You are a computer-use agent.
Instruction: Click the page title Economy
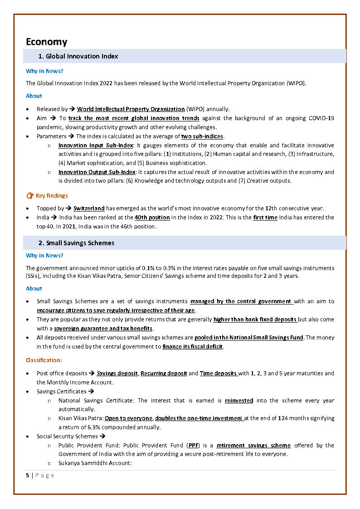[x=46, y=42]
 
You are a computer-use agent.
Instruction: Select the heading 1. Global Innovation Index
[x=78, y=56]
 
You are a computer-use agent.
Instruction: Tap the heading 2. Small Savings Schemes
[x=76, y=243]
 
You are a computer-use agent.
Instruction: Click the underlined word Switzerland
[x=89, y=208]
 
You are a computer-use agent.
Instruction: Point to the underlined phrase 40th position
[x=152, y=218]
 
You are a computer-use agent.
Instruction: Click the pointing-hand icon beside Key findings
[x=30, y=196]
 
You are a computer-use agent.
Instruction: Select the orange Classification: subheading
[x=44, y=360]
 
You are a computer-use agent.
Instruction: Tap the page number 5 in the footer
[x=28, y=475]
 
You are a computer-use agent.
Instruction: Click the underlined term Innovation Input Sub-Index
[x=96, y=145]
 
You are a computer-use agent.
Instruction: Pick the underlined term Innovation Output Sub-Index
[x=97, y=172]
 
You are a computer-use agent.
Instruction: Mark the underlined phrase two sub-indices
[x=202, y=136]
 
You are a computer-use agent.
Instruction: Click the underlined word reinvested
[x=239, y=401]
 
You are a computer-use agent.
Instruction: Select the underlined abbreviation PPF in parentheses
[x=192, y=446]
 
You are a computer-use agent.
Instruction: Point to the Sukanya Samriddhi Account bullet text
[x=94, y=464]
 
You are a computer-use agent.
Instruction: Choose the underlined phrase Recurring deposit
[x=164, y=373]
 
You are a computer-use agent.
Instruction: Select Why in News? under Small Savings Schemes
[x=44, y=256]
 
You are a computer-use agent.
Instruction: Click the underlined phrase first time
[x=265, y=218]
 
